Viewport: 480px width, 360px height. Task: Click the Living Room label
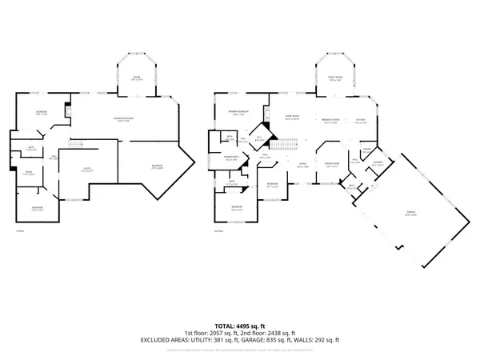(x=292, y=117)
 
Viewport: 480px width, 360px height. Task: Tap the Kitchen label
(x=359, y=121)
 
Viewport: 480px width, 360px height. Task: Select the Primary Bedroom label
(x=238, y=111)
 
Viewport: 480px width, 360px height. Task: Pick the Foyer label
(x=303, y=166)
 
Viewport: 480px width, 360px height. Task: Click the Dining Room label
(x=332, y=165)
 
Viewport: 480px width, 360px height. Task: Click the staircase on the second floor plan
(x=282, y=144)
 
